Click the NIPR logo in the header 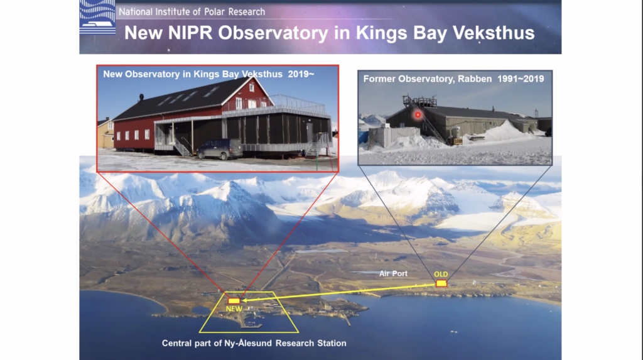point(97,17)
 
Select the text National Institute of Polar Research point(192,12)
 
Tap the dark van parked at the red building point(220,149)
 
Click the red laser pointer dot point(418,115)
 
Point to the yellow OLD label point(441,274)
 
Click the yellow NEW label point(234,308)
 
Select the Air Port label point(393,273)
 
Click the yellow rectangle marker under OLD point(441,283)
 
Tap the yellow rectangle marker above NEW point(234,301)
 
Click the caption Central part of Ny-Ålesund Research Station point(254,343)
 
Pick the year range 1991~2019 point(521,79)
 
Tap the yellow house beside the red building point(105,133)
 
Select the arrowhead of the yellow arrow point(246,300)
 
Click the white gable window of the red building point(251,87)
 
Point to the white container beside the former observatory point(388,137)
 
